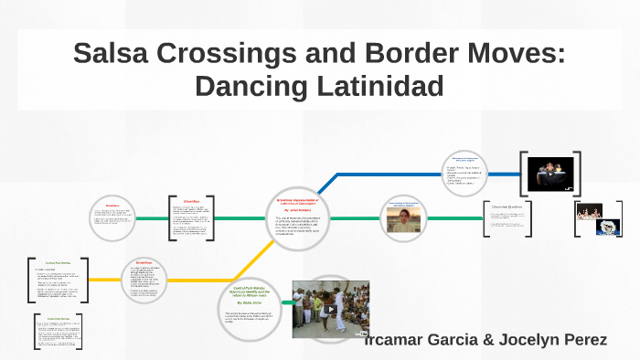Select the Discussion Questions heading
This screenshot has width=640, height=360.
(x=518, y=207)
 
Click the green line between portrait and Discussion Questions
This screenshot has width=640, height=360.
(x=457, y=219)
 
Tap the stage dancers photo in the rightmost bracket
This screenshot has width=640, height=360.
(x=590, y=211)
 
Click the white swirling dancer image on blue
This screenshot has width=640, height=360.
(x=609, y=228)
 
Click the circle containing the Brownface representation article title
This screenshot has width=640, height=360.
(x=296, y=217)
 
